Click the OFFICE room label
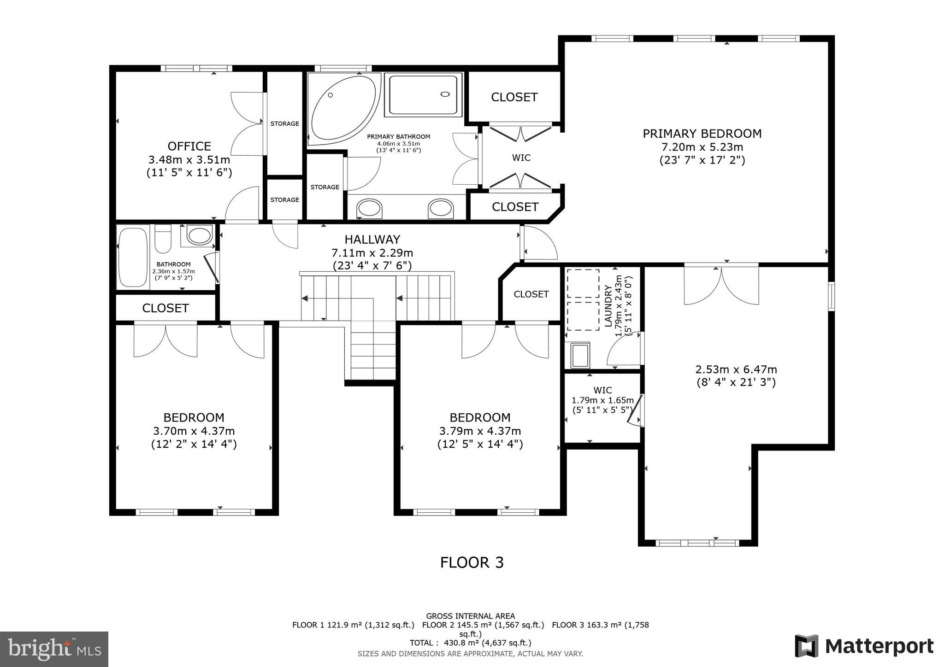(189, 146)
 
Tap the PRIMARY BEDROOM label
(702, 134)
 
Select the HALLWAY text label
(372, 239)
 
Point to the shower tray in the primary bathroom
(423, 94)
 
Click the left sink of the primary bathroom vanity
(369, 209)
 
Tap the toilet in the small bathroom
(163, 238)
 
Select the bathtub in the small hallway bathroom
(133, 257)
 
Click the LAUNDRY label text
(608, 306)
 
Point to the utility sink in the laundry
(580, 355)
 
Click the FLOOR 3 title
(472, 562)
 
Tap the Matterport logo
(864, 646)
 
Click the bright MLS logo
(54, 649)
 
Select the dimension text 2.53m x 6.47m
(736, 369)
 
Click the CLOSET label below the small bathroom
(165, 308)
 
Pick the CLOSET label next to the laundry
(531, 294)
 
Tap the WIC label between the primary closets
(521, 158)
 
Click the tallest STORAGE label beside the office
(284, 123)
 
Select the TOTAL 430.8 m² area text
(470, 643)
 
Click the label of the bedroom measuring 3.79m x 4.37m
(480, 417)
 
